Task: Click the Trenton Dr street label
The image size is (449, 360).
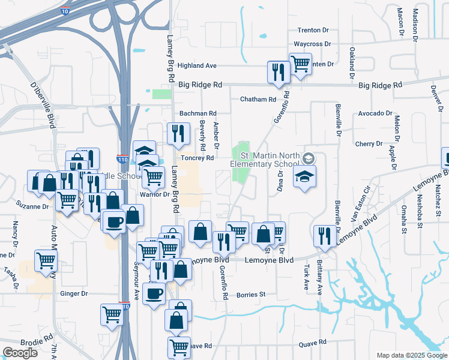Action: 313,30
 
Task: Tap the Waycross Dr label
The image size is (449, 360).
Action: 312,44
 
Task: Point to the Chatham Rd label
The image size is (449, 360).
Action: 258,99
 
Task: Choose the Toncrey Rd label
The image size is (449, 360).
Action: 197,158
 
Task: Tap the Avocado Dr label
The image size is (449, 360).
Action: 375,113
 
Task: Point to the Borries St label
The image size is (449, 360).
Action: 250,295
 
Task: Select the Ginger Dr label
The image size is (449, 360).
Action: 74,294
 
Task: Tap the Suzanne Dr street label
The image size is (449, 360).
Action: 32,206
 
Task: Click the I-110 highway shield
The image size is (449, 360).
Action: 122,160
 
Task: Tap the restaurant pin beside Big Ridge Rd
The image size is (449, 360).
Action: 279,72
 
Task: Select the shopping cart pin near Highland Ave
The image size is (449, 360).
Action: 300,62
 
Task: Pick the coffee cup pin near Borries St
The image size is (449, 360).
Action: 154,293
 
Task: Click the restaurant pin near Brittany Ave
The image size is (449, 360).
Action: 325,235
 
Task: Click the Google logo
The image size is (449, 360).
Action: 20,352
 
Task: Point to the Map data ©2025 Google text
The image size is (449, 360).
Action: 411,355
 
